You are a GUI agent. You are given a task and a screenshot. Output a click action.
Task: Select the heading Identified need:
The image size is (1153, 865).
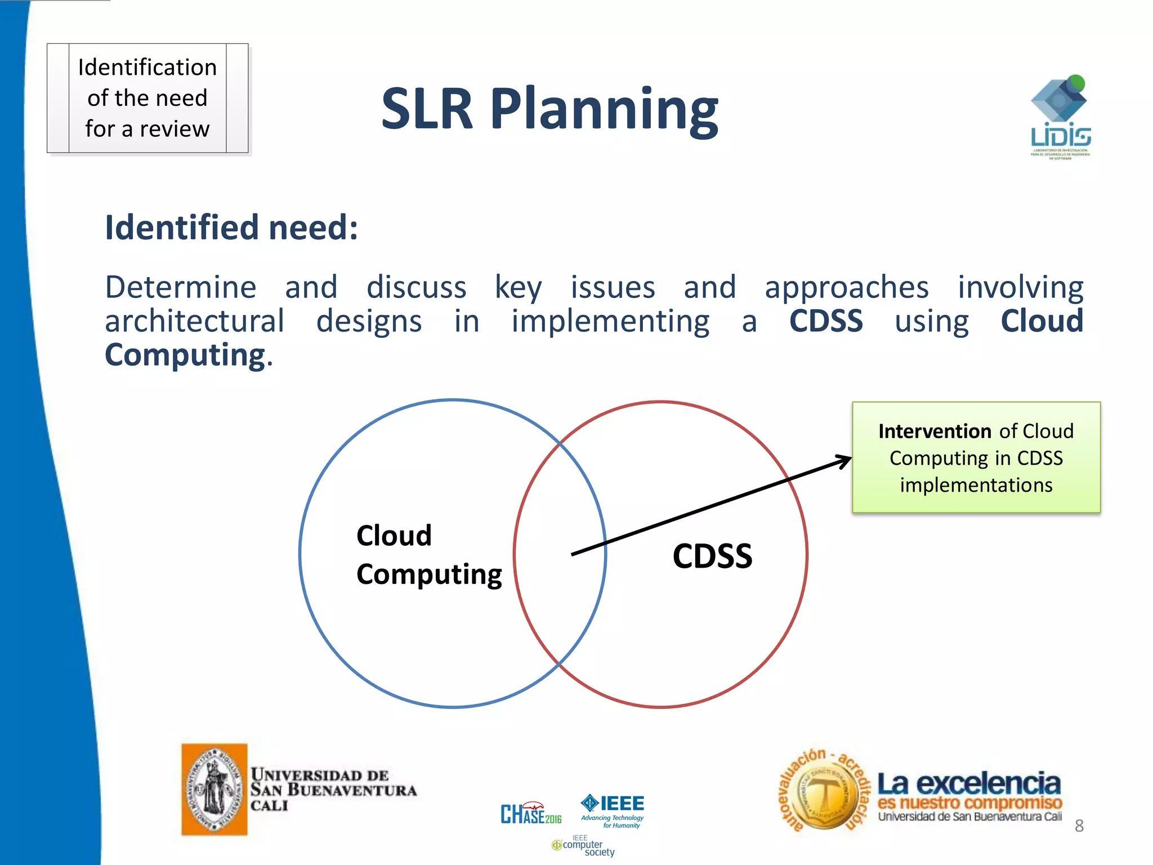tap(231, 228)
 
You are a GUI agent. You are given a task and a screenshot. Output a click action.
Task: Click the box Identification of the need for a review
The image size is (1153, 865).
tap(148, 98)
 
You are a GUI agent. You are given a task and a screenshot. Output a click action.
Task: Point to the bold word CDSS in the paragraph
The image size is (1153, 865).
tap(825, 321)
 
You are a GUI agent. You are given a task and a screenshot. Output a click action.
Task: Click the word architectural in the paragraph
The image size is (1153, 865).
tap(195, 321)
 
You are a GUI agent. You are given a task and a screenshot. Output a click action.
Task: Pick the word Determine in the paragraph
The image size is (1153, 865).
tap(181, 287)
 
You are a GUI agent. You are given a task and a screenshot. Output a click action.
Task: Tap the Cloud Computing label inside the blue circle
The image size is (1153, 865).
tap(428, 555)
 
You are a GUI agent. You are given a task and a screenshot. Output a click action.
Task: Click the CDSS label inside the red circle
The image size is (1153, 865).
tap(712, 556)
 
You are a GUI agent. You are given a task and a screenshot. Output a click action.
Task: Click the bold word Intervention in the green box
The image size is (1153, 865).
tap(935, 431)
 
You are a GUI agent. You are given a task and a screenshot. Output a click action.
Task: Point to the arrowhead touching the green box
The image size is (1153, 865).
tap(844, 461)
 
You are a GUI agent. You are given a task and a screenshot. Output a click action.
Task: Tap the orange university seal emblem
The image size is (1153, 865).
tap(214, 789)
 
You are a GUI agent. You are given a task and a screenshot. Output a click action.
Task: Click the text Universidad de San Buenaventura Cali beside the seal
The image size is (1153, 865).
tap(333, 790)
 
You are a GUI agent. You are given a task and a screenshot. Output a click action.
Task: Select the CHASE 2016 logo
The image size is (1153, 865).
tap(530, 814)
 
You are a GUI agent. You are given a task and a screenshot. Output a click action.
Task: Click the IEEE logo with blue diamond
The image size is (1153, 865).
tap(613, 810)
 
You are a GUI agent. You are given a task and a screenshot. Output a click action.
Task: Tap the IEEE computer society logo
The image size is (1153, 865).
tap(583, 845)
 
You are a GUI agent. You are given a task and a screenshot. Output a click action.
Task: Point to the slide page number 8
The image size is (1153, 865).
tap(1079, 826)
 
